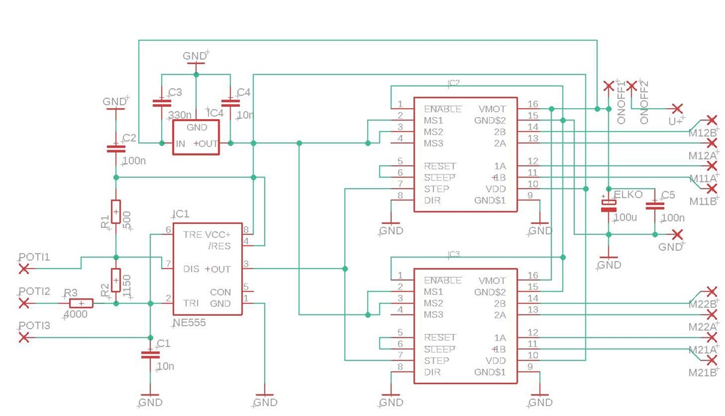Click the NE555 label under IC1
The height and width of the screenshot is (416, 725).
point(189,323)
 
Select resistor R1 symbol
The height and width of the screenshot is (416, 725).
point(116,212)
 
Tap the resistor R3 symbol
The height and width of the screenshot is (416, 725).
point(81,304)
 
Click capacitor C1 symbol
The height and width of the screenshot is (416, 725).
point(150,354)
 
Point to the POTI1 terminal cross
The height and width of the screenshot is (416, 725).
point(24,269)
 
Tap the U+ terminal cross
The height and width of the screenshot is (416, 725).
point(677,109)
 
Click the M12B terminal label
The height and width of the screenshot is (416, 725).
point(703,133)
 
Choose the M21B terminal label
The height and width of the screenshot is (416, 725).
point(703,373)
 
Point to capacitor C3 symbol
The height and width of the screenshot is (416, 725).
point(161,103)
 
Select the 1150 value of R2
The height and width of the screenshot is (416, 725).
point(127,287)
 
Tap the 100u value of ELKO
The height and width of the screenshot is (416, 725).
point(625,218)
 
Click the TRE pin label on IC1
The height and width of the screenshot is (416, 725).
point(192,235)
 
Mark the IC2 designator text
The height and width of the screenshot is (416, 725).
point(453,83)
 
